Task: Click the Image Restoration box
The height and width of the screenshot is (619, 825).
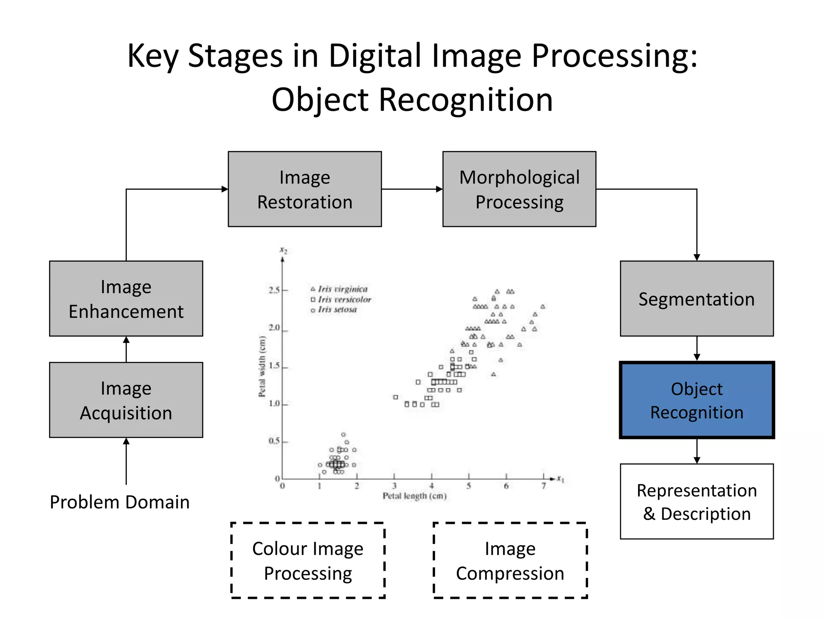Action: pyautogui.click(x=305, y=189)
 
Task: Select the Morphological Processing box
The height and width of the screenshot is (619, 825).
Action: pyautogui.click(x=519, y=189)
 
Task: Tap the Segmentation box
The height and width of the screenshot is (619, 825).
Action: pyautogui.click(x=696, y=299)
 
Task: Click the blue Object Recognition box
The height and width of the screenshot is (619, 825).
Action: pyautogui.click(x=696, y=400)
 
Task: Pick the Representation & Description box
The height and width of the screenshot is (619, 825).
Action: pyautogui.click(x=696, y=501)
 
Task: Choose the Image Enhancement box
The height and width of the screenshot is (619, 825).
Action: pyautogui.click(x=126, y=299)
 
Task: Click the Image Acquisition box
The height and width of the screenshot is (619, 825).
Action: pyautogui.click(x=126, y=400)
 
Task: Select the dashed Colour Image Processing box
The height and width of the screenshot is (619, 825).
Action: pyautogui.click(x=308, y=561)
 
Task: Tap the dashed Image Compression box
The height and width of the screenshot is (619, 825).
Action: pyautogui.click(x=510, y=561)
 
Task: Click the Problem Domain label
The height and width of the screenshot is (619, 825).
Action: pyautogui.click(x=120, y=502)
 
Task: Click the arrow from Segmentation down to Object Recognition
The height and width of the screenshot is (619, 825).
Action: pyautogui.click(x=697, y=349)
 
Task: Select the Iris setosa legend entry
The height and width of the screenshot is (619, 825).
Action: pyautogui.click(x=337, y=309)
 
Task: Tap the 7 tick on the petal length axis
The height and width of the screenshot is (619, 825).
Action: pyautogui.click(x=543, y=486)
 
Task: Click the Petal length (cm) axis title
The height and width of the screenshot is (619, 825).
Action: pyautogui.click(x=415, y=496)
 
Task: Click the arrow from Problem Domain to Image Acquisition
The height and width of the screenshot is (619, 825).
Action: pyautogui.click(x=126, y=461)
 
